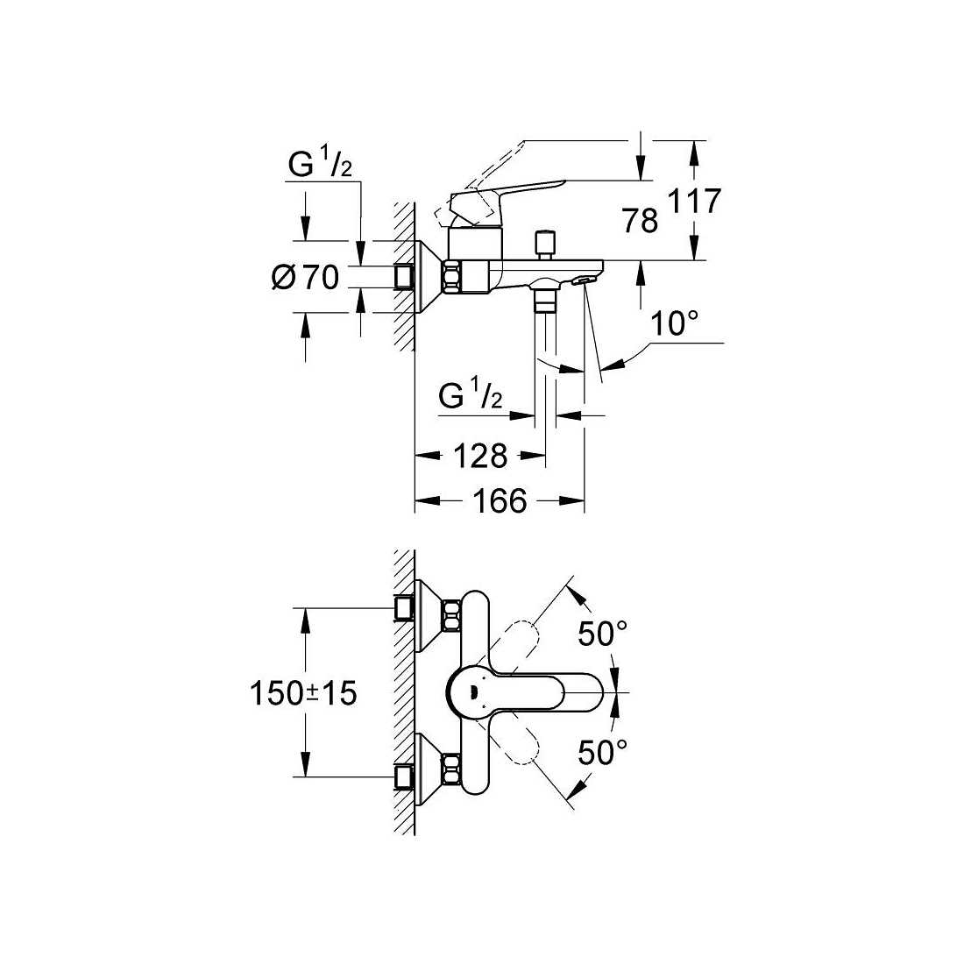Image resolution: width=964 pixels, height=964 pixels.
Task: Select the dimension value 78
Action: [641, 221]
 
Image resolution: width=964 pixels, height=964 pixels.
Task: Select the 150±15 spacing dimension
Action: [304, 694]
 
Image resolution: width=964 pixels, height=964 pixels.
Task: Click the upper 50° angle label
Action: [602, 634]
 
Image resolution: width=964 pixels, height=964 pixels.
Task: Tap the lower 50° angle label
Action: [602, 751]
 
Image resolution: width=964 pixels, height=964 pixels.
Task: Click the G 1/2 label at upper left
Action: [320, 165]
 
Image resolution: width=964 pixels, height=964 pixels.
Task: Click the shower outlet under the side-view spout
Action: [547, 297]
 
